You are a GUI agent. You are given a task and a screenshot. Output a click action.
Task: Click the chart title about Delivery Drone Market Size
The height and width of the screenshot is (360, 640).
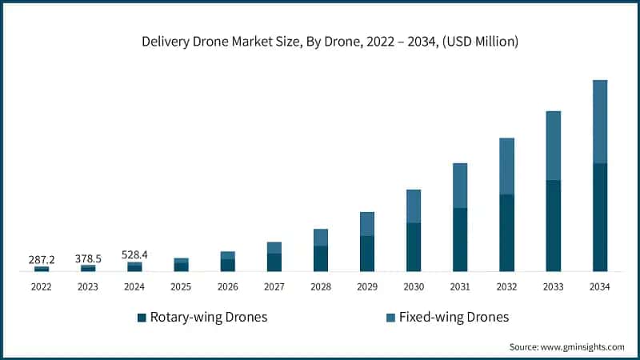point(320,42)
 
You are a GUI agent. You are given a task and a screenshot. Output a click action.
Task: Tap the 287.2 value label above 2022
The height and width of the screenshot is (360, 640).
point(42,260)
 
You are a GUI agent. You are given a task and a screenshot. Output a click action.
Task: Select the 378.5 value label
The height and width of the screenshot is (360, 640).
point(88,259)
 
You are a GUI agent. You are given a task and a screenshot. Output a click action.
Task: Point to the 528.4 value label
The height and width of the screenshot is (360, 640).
point(134,254)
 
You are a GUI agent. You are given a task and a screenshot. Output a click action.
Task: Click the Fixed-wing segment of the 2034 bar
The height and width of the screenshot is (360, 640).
point(599,122)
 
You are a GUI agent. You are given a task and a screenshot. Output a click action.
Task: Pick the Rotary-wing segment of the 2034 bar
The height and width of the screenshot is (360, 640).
point(599,217)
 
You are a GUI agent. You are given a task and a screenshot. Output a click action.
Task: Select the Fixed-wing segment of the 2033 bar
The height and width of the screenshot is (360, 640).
point(553,146)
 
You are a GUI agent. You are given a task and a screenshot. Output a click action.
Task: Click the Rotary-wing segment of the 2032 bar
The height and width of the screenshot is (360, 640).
point(506,232)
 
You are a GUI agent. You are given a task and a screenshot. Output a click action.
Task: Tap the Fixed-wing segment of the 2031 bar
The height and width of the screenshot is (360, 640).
point(460,186)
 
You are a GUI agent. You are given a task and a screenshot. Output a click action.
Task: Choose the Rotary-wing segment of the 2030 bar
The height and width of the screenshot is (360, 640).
point(414,246)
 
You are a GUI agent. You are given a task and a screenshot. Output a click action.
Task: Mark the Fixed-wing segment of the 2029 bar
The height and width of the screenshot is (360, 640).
point(367,224)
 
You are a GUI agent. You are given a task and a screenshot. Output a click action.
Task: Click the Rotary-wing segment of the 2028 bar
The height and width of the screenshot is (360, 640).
point(321,258)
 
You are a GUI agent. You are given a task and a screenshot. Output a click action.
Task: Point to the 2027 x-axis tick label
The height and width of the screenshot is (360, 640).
point(274,286)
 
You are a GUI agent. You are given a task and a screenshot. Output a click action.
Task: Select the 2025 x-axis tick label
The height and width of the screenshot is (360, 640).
point(181,286)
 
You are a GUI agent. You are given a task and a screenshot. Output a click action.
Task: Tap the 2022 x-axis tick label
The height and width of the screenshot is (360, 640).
point(42,286)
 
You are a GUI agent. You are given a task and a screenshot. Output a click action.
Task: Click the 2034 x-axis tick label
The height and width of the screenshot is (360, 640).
point(599,286)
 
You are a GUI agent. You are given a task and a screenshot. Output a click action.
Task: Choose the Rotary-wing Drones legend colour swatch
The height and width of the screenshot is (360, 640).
point(142,318)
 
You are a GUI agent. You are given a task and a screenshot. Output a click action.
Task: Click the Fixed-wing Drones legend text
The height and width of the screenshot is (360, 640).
point(454,318)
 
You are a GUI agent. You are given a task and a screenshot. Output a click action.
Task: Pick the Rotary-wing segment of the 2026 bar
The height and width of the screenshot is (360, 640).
point(228,265)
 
